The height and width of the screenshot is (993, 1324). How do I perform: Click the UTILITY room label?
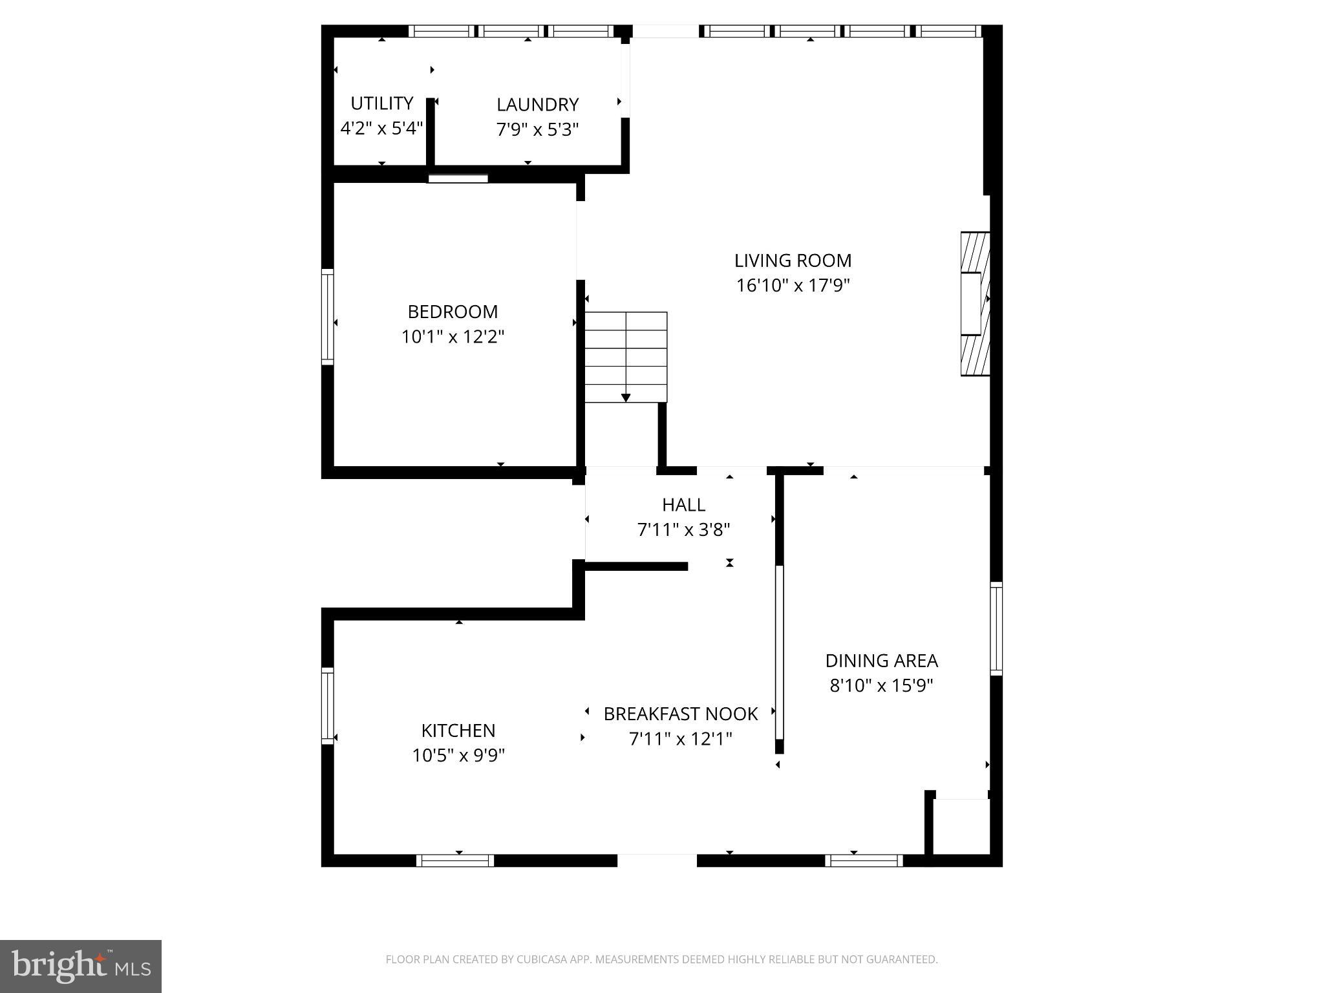click(x=381, y=103)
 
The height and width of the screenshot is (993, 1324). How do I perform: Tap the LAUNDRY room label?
click(x=537, y=105)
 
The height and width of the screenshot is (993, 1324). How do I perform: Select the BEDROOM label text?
click(x=453, y=312)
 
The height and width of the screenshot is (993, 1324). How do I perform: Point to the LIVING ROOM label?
click(x=793, y=261)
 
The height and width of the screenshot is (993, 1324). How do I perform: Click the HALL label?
click(x=683, y=504)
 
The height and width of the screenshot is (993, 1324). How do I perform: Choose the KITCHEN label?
click(x=458, y=731)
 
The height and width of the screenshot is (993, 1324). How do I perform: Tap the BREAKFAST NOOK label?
click(x=680, y=714)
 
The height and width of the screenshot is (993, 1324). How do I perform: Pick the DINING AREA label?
click(x=881, y=661)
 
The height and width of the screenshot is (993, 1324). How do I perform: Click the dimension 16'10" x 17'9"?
click(x=793, y=285)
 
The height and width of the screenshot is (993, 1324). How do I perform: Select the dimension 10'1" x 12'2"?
click(x=453, y=337)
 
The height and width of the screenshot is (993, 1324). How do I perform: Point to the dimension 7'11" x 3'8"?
click(x=683, y=530)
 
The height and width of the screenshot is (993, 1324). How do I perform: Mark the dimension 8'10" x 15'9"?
click(x=881, y=685)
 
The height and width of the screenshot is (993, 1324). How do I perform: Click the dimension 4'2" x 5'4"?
click(x=381, y=128)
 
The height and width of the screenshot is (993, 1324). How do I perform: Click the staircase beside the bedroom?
click(x=626, y=357)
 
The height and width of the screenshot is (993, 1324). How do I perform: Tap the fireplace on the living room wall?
click(x=975, y=304)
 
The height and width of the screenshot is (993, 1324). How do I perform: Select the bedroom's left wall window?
click(x=328, y=317)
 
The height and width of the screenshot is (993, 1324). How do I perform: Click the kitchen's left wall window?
click(x=328, y=705)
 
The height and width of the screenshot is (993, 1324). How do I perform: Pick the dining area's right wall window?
click(x=996, y=628)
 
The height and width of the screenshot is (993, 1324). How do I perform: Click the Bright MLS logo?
click(x=81, y=966)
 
